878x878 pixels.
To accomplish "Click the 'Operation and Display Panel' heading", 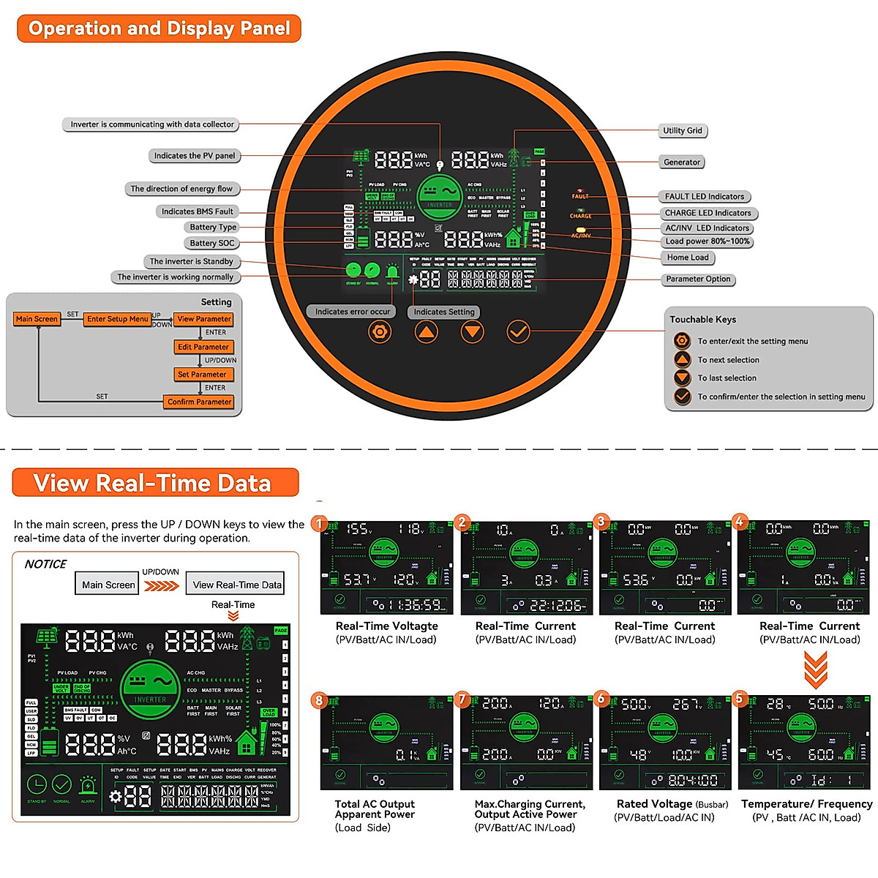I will (x=159, y=29).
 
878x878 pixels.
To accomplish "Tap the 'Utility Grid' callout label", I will (x=682, y=130).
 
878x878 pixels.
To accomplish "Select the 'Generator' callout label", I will (x=681, y=162).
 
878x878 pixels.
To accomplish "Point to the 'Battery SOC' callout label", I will (x=212, y=243).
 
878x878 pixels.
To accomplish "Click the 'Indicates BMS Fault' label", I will (x=198, y=211).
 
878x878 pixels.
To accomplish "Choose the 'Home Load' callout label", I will (x=688, y=258).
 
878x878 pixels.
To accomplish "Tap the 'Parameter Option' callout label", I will (x=698, y=279).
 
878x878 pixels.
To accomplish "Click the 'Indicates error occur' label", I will (x=352, y=312).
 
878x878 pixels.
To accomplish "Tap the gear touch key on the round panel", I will (x=379, y=332).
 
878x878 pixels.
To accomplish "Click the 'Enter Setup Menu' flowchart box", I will (x=118, y=319).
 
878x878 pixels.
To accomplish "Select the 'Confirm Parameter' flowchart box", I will (x=199, y=402).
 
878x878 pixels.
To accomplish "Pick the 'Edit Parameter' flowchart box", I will (x=203, y=347).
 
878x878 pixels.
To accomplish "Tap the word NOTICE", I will (x=45, y=564).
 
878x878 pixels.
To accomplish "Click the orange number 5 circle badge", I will (x=739, y=698).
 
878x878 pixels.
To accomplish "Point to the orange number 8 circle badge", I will (x=318, y=700).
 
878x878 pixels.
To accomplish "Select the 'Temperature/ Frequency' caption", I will (x=806, y=803).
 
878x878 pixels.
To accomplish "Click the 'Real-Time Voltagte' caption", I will (x=386, y=626).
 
